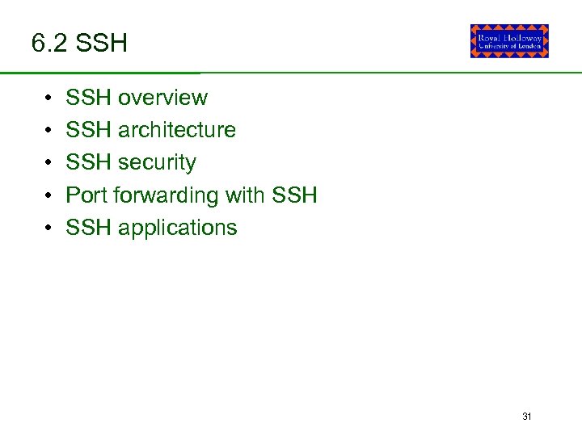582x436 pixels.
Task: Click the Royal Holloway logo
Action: coord(509,41)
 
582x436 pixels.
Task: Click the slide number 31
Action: coord(527,417)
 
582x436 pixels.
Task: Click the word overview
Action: coord(162,98)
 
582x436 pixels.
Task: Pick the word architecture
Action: coord(177,130)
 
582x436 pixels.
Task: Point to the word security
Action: coord(157,163)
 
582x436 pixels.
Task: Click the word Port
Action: coord(86,195)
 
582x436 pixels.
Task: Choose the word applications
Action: coord(178,228)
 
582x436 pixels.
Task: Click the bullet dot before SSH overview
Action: coord(49,99)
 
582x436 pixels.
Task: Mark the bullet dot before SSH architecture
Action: coord(49,131)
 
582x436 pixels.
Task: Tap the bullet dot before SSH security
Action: coord(49,163)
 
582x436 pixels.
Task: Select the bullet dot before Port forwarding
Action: coord(49,196)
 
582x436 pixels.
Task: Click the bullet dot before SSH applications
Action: coord(49,228)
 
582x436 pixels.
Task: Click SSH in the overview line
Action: coord(89,98)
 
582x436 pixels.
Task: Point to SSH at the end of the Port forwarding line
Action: coord(295,195)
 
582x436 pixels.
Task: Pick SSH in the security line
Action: coord(89,163)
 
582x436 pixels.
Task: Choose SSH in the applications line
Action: coord(89,228)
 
